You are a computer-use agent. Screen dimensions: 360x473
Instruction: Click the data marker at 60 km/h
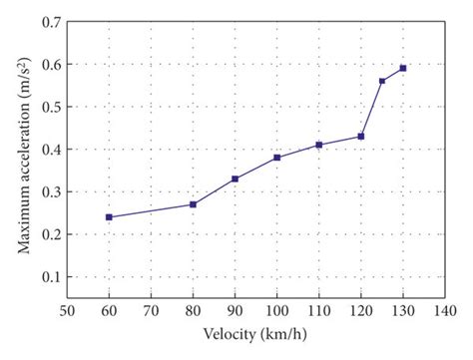(109, 216)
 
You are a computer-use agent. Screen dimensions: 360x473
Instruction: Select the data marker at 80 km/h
(193, 204)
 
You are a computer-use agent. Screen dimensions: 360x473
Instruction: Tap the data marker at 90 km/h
(235, 179)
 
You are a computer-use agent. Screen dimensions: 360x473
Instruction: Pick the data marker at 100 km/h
(277, 158)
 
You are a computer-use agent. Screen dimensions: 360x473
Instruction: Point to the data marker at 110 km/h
(319, 145)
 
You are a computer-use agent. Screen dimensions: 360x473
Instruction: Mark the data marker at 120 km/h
(361, 136)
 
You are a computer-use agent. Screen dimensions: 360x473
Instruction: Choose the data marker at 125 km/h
(382, 81)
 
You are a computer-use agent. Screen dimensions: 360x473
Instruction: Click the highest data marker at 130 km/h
(403, 68)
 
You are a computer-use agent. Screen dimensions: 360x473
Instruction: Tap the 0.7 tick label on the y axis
(50, 21)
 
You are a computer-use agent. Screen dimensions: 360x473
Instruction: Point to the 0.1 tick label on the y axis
(50, 277)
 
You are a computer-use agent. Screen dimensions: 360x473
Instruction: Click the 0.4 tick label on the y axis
(50, 150)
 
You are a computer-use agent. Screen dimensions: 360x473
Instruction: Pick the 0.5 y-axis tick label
(50, 107)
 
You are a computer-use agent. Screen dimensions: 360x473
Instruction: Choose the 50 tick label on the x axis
(67, 311)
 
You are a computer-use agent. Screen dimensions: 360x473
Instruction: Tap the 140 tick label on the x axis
(445, 311)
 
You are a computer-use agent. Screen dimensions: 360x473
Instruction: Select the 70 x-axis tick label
(151, 311)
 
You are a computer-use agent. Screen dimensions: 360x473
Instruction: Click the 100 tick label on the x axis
(277, 311)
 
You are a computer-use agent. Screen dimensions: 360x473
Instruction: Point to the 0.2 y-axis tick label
(50, 234)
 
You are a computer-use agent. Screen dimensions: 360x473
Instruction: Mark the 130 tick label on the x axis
(403, 311)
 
